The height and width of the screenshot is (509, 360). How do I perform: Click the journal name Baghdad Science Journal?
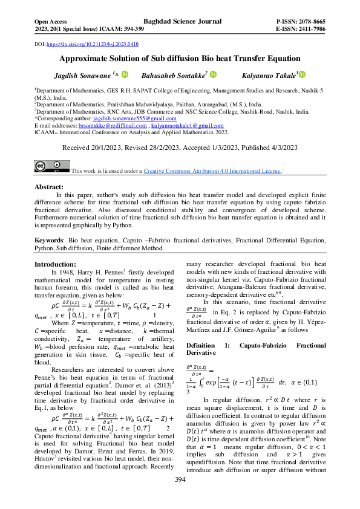pos(180,20)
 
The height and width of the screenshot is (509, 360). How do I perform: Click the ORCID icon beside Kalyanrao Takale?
pos(303,74)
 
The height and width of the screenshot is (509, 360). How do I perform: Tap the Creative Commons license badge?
pos(51,167)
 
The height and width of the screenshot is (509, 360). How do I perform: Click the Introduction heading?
pos(55,265)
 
